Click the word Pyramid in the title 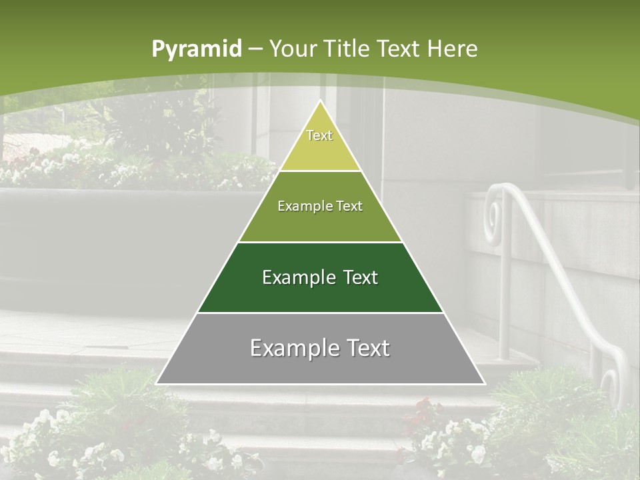click(196, 49)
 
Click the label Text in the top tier click(319, 135)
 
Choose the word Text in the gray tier click(363, 348)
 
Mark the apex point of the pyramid click(320, 101)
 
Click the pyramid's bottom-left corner click(157, 383)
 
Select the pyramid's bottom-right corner click(484, 383)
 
